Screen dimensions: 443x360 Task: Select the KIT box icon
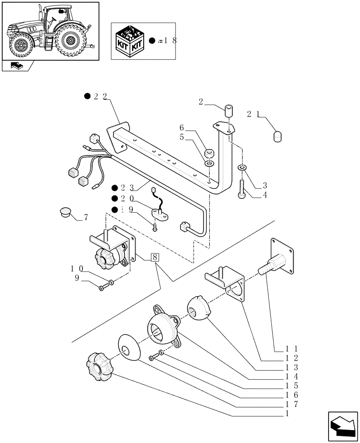coord(132,41)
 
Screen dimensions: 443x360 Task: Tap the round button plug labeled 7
coord(66,212)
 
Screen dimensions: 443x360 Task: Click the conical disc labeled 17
coord(129,347)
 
